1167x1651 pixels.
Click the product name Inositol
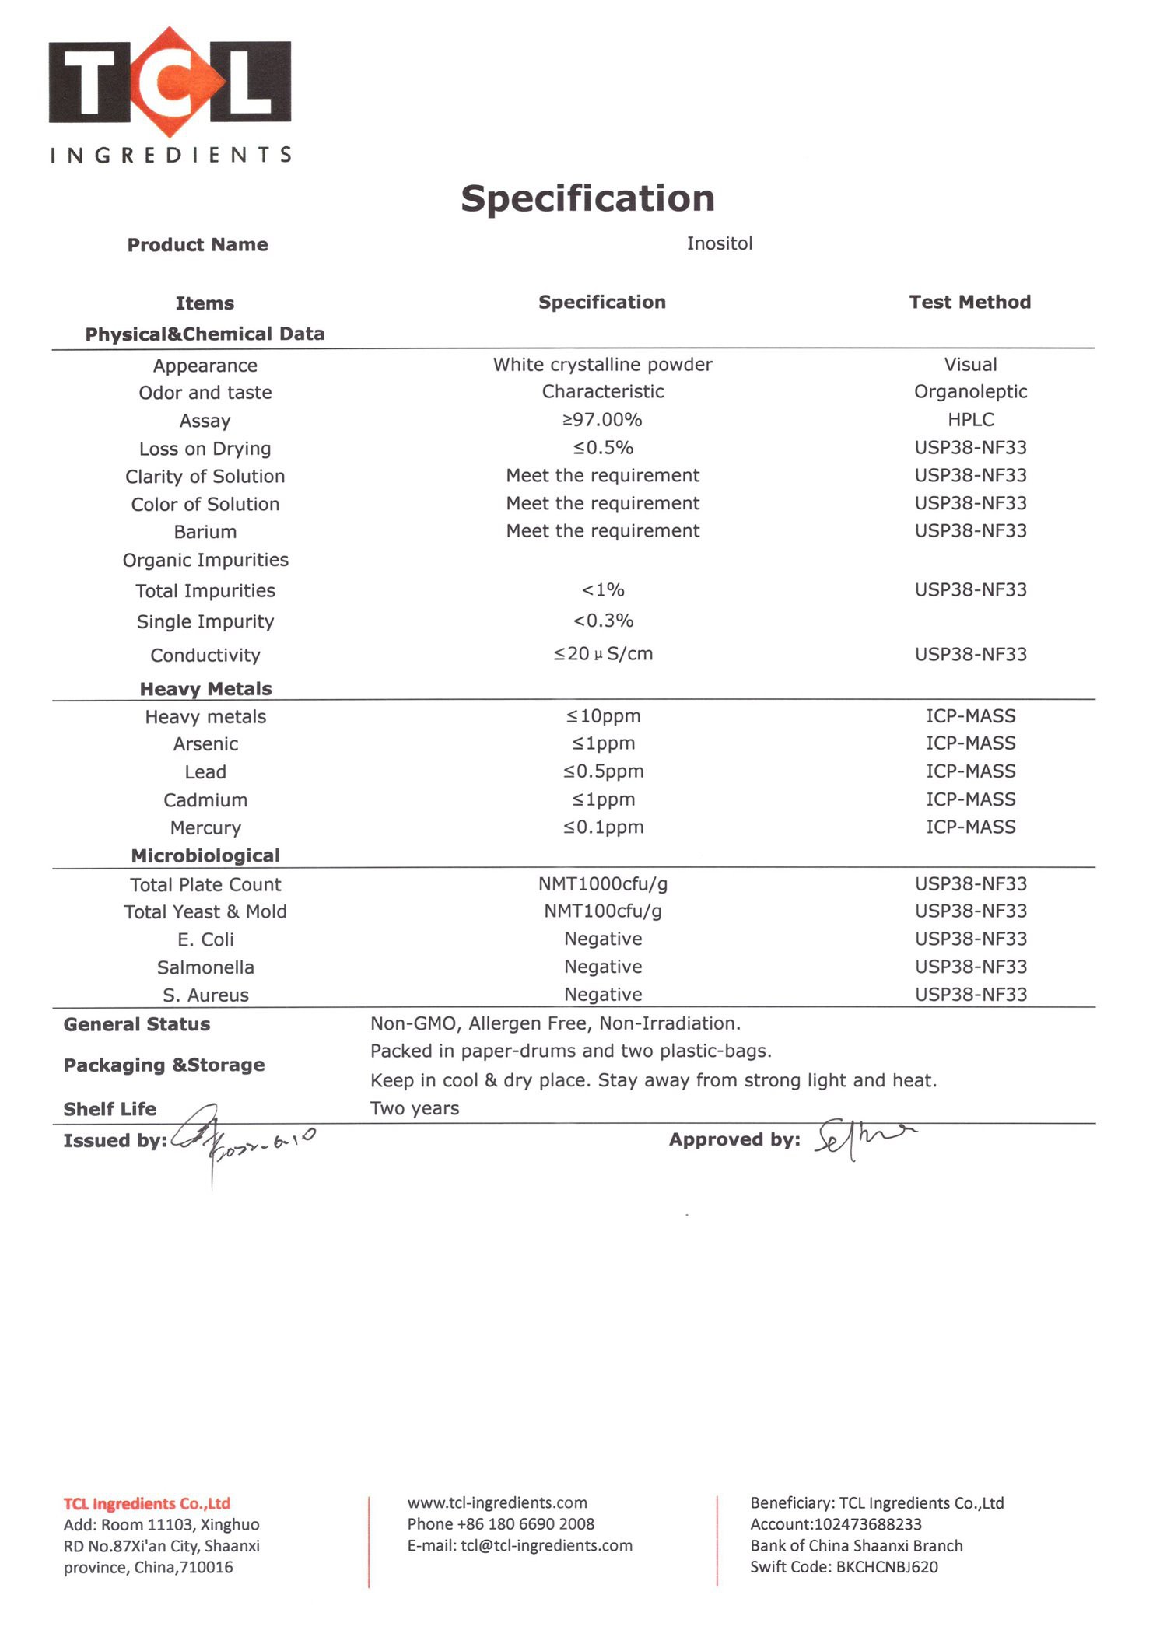[x=719, y=243]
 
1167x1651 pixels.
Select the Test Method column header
[x=969, y=302]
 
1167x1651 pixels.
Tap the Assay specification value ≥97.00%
[x=602, y=420]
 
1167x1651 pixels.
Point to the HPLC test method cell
[x=970, y=420]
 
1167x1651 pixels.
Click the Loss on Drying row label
[x=205, y=449]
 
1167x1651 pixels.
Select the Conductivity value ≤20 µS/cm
[x=602, y=654]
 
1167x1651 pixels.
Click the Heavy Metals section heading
[x=205, y=689]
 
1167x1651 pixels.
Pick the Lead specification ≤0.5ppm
[x=603, y=771]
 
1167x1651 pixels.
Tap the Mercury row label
[x=205, y=828]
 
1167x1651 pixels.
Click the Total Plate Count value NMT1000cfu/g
[x=602, y=884]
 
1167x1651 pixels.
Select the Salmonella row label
[x=205, y=967]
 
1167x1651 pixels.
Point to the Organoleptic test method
[x=970, y=392]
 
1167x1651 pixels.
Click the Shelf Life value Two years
[x=414, y=1108]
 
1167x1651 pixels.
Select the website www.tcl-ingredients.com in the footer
[x=497, y=1502]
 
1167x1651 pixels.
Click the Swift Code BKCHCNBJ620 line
[x=843, y=1567]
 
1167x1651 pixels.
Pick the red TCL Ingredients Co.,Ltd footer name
[x=146, y=1503]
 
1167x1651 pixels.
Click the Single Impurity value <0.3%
[x=602, y=621]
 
